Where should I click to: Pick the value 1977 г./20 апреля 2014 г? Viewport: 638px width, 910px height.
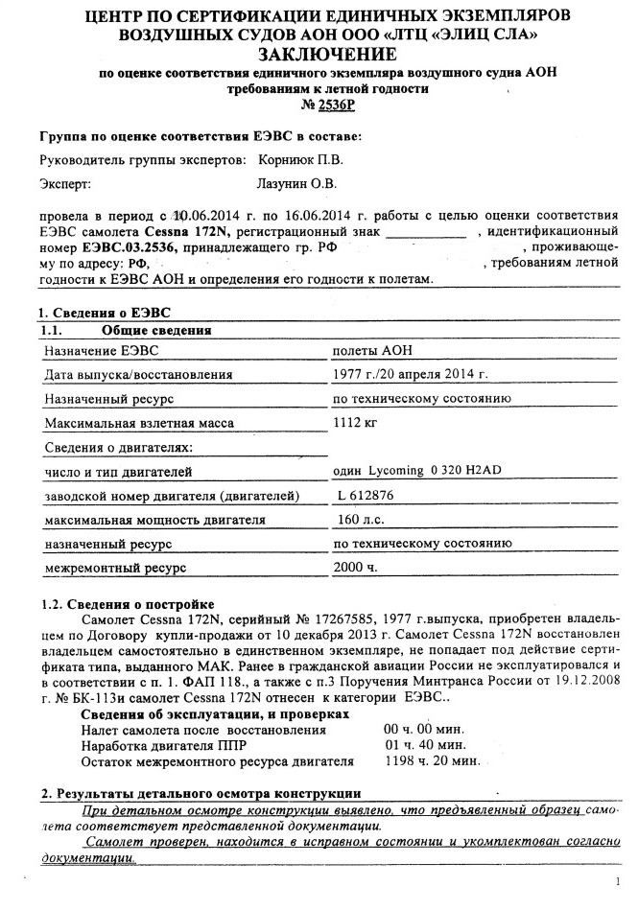[x=410, y=375]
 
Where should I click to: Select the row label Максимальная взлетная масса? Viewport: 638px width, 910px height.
[x=138, y=422]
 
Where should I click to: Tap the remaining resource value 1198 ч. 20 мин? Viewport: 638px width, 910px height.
[x=431, y=761]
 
